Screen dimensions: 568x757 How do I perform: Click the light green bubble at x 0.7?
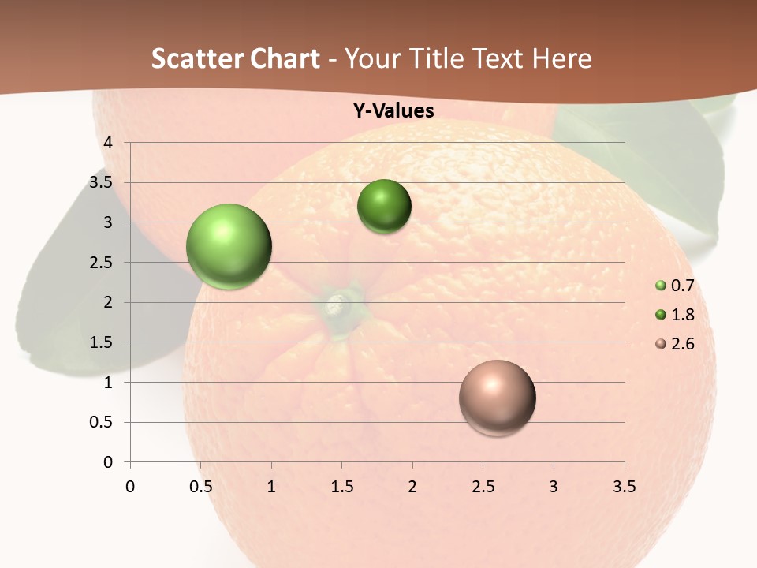tap(229, 246)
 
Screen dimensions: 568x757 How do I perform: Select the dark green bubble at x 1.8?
tap(384, 207)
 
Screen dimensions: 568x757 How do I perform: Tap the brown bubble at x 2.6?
tap(497, 398)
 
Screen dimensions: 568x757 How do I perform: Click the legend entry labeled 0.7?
tap(676, 286)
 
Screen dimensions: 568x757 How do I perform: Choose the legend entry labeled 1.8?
tap(676, 315)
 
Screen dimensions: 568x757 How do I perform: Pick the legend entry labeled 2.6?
tap(676, 344)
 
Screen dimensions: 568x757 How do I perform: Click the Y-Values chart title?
tap(393, 111)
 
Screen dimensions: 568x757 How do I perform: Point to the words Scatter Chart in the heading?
tap(236, 58)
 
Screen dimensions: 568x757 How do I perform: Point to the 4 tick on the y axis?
tap(109, 143)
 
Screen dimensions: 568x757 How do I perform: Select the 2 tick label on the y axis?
tap(109, 302)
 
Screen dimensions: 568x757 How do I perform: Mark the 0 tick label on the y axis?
tap(109, 462)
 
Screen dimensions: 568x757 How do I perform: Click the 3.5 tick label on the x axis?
tap(624, 487)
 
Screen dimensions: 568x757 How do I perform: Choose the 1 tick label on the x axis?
tap(271, 487)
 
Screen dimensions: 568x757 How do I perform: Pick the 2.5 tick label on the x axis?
tap(483, 487)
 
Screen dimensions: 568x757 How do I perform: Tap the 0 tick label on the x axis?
tap(130, 487)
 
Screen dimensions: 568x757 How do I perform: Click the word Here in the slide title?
tap(561, 58)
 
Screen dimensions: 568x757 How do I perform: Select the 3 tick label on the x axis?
tap(554, 487)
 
